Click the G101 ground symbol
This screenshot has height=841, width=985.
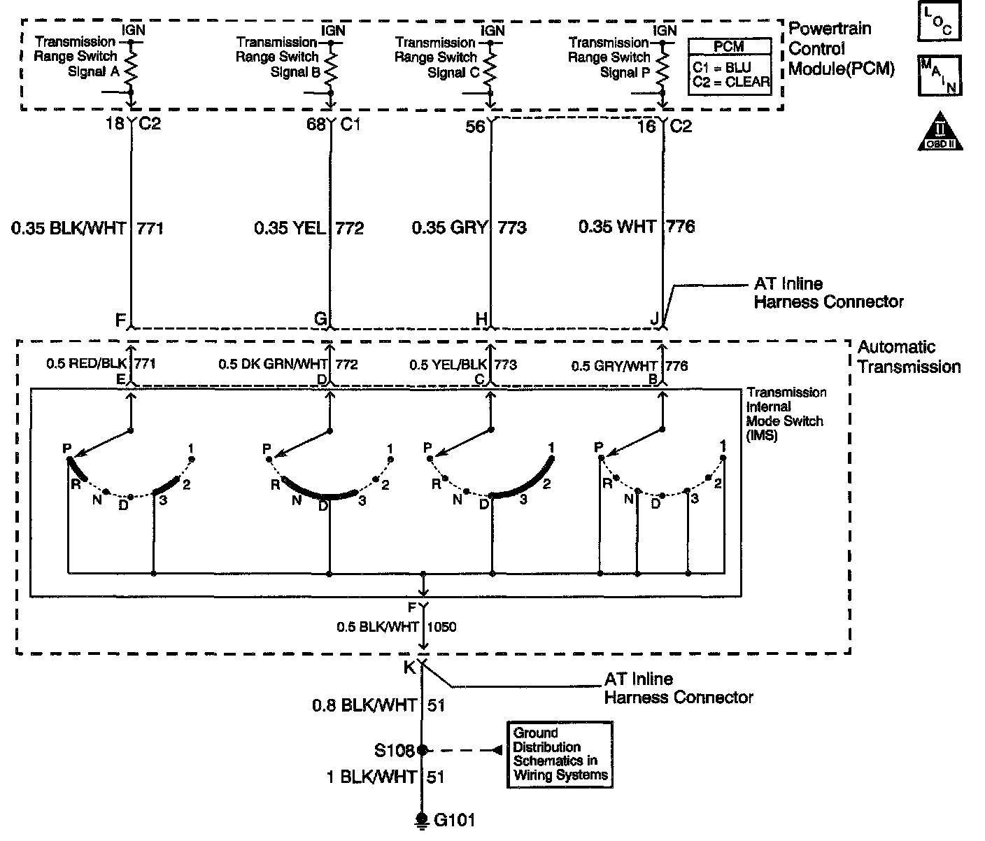pyautogui.click(x=422, y=819)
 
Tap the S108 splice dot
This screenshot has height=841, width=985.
pyautogui.click(x=422, y=750)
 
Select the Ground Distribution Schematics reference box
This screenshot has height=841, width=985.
pyautogui.click(x=560, y=754)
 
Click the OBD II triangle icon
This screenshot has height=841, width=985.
pyautogui.click(x=940, y=132)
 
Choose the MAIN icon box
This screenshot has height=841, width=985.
pyautogui.click(x=939, y=75)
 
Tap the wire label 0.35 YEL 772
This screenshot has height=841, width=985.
pyautogui.click(x=309, y=228)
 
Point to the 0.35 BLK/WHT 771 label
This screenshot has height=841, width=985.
pyautogui.click(x=87, y=228)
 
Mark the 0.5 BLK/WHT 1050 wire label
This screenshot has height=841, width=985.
pyautogui.click(x=397, y=627)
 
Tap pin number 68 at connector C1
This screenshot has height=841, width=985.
pyautogui.click(x=316, y=125)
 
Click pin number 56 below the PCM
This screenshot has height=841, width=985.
pyautogui.click(x=476, y=127)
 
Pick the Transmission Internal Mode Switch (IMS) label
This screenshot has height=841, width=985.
pyautogui.click(x=786, y=414)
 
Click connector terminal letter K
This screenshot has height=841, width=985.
pyautogui.click(x=409, y=667)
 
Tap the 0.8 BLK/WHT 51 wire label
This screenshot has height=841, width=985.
pyautogui.click(x=378, y=706)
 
